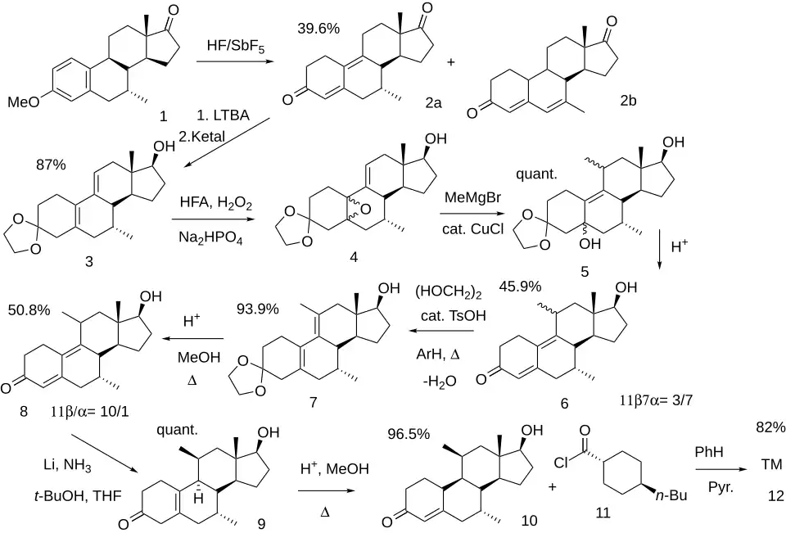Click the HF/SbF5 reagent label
[x=236, y=47]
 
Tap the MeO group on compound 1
[x=23, y=102]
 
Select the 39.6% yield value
[x=318, y=29]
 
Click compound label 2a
[x=433, y=103]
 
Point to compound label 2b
[x=628, y=100]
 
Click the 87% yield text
[x=51, y=165]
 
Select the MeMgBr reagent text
[x=472, y=197]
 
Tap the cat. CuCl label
[x=472, y=228]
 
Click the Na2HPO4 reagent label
[x=210, y=237]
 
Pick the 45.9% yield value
[x=520, y=287]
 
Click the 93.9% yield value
[x=258, y=309]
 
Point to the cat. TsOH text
[x=453, y=315]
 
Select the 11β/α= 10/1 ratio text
[x=90, y=412]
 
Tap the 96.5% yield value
[x=409, y=434]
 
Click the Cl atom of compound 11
[x=561, y=462]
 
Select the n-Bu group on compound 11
[x=671, y=496]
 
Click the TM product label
[x=772, y=464]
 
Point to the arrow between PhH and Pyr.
[x=720, y=469]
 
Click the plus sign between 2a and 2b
[x=451, y=62]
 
